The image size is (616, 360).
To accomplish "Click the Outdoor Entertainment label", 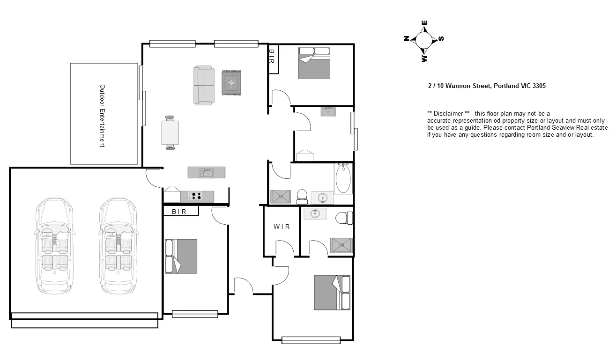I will tap(102, 116).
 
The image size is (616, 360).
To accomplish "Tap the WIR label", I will tap(282, 227).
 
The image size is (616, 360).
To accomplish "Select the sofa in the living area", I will tap(204, 85).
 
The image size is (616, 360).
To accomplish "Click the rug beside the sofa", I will tap(231, 83).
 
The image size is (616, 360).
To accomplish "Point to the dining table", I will tap(170, 132).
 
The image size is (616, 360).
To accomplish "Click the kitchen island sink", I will tap(206, 173).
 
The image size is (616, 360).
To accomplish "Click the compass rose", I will tap(424, 40).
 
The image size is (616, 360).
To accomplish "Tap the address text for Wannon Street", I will tap(487, 86).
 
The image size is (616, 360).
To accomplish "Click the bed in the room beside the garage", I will tap(181, 256).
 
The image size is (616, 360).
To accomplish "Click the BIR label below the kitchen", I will tap(179, 212).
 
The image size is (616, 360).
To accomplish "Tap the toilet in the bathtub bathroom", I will tap(302, 196).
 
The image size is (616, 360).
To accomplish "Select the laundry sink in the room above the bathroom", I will tap(328, 111).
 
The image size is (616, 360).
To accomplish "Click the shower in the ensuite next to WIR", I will tap(341, 245).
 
